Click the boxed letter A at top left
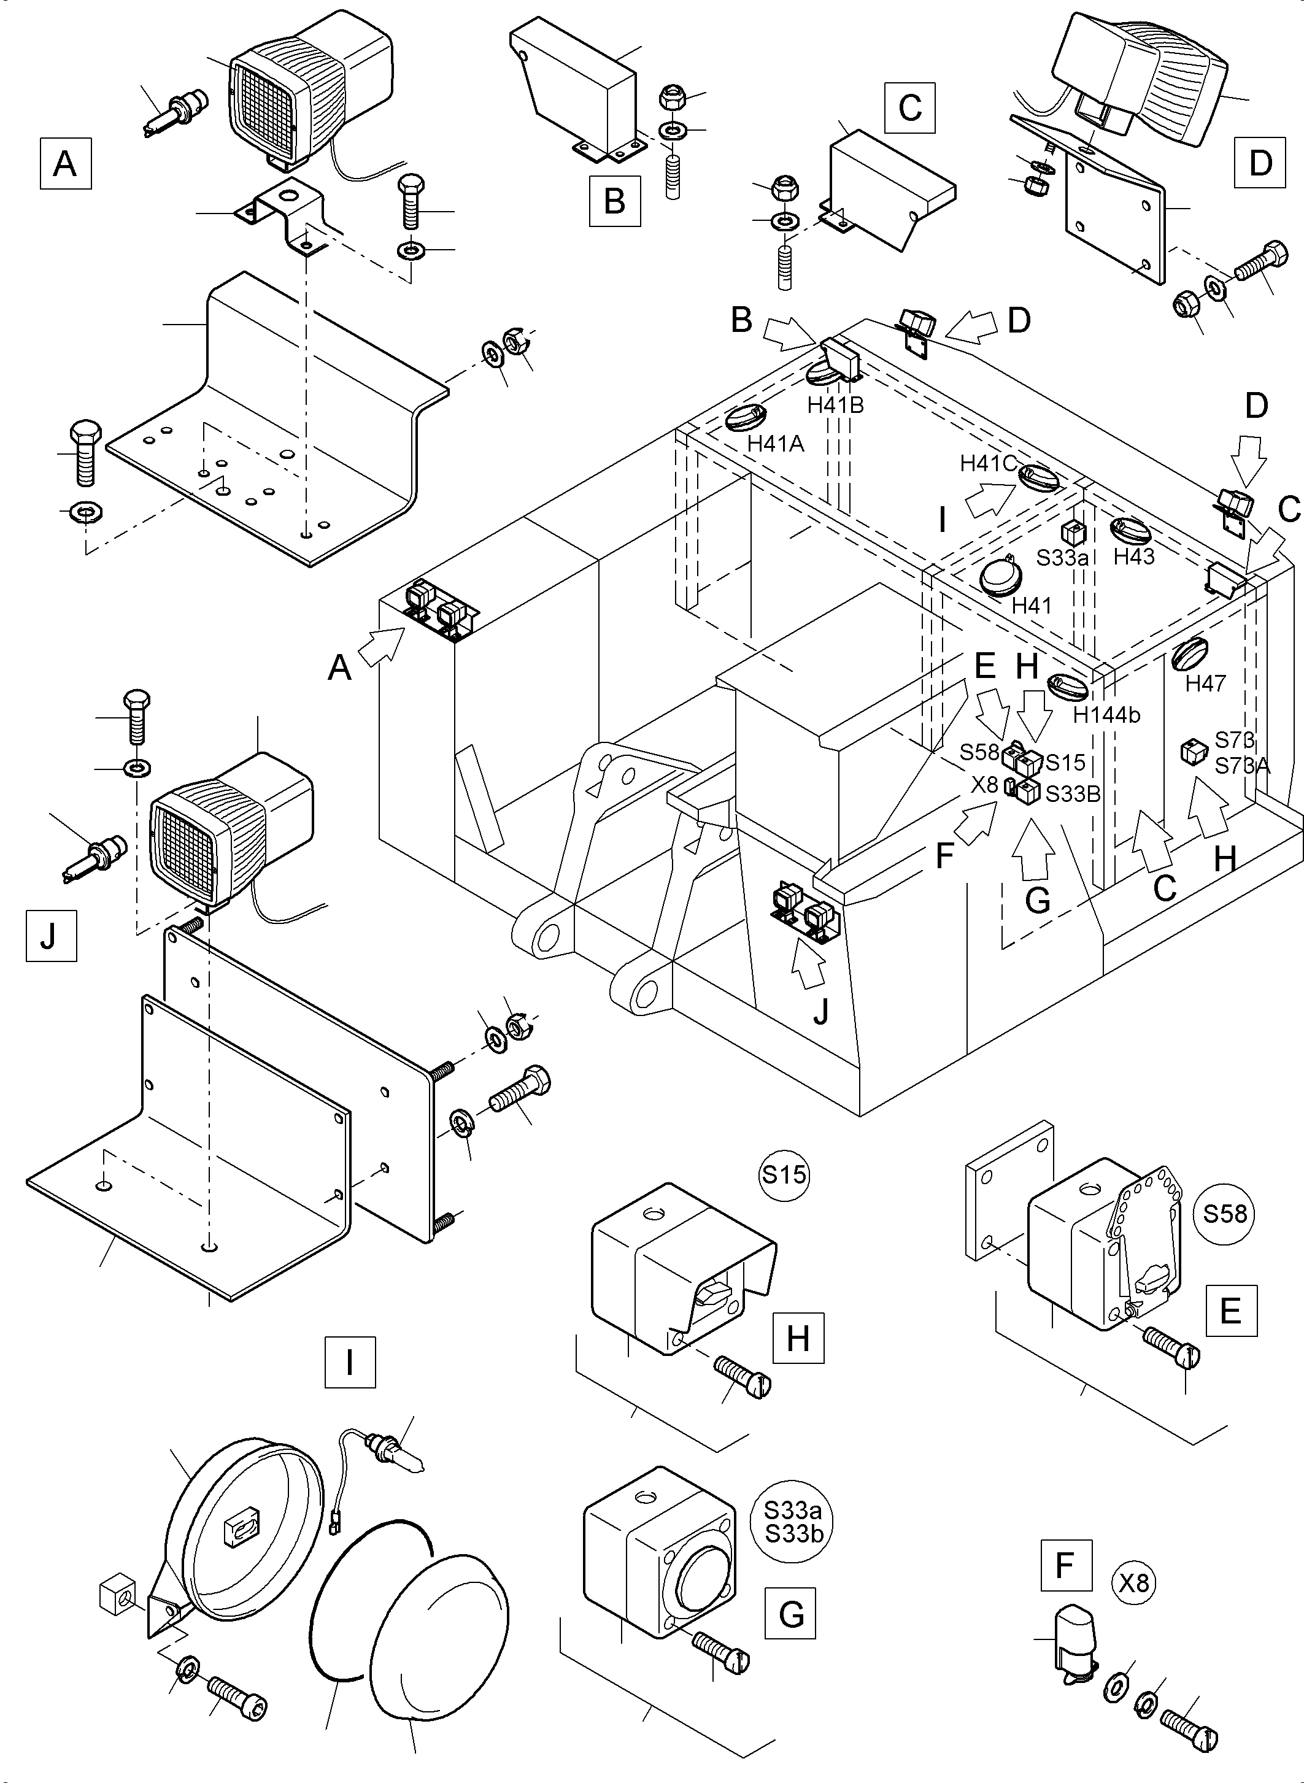click(x=66, y=163)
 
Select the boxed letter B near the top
click(x=614, y=201)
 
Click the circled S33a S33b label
click(x=792, y=1522)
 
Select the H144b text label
click(x=1106, y=715)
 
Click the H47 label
click(x=1205, y=684)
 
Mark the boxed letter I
click(x=350, y=1361)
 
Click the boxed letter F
click(x=1066, y=1565)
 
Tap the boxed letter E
click(x=1230, y=1311)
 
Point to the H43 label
click(x=1133, y=556)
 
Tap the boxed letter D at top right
click(x=1260, y=163)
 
